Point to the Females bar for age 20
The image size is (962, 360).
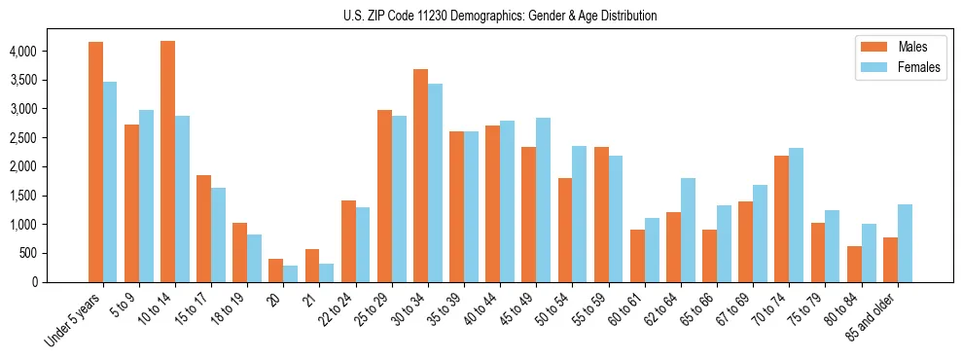pos(290,273)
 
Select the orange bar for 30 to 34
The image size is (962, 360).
pos(420,175)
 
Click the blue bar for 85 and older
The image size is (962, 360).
pos(905,243)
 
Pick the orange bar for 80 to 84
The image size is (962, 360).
pos(854,264)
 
